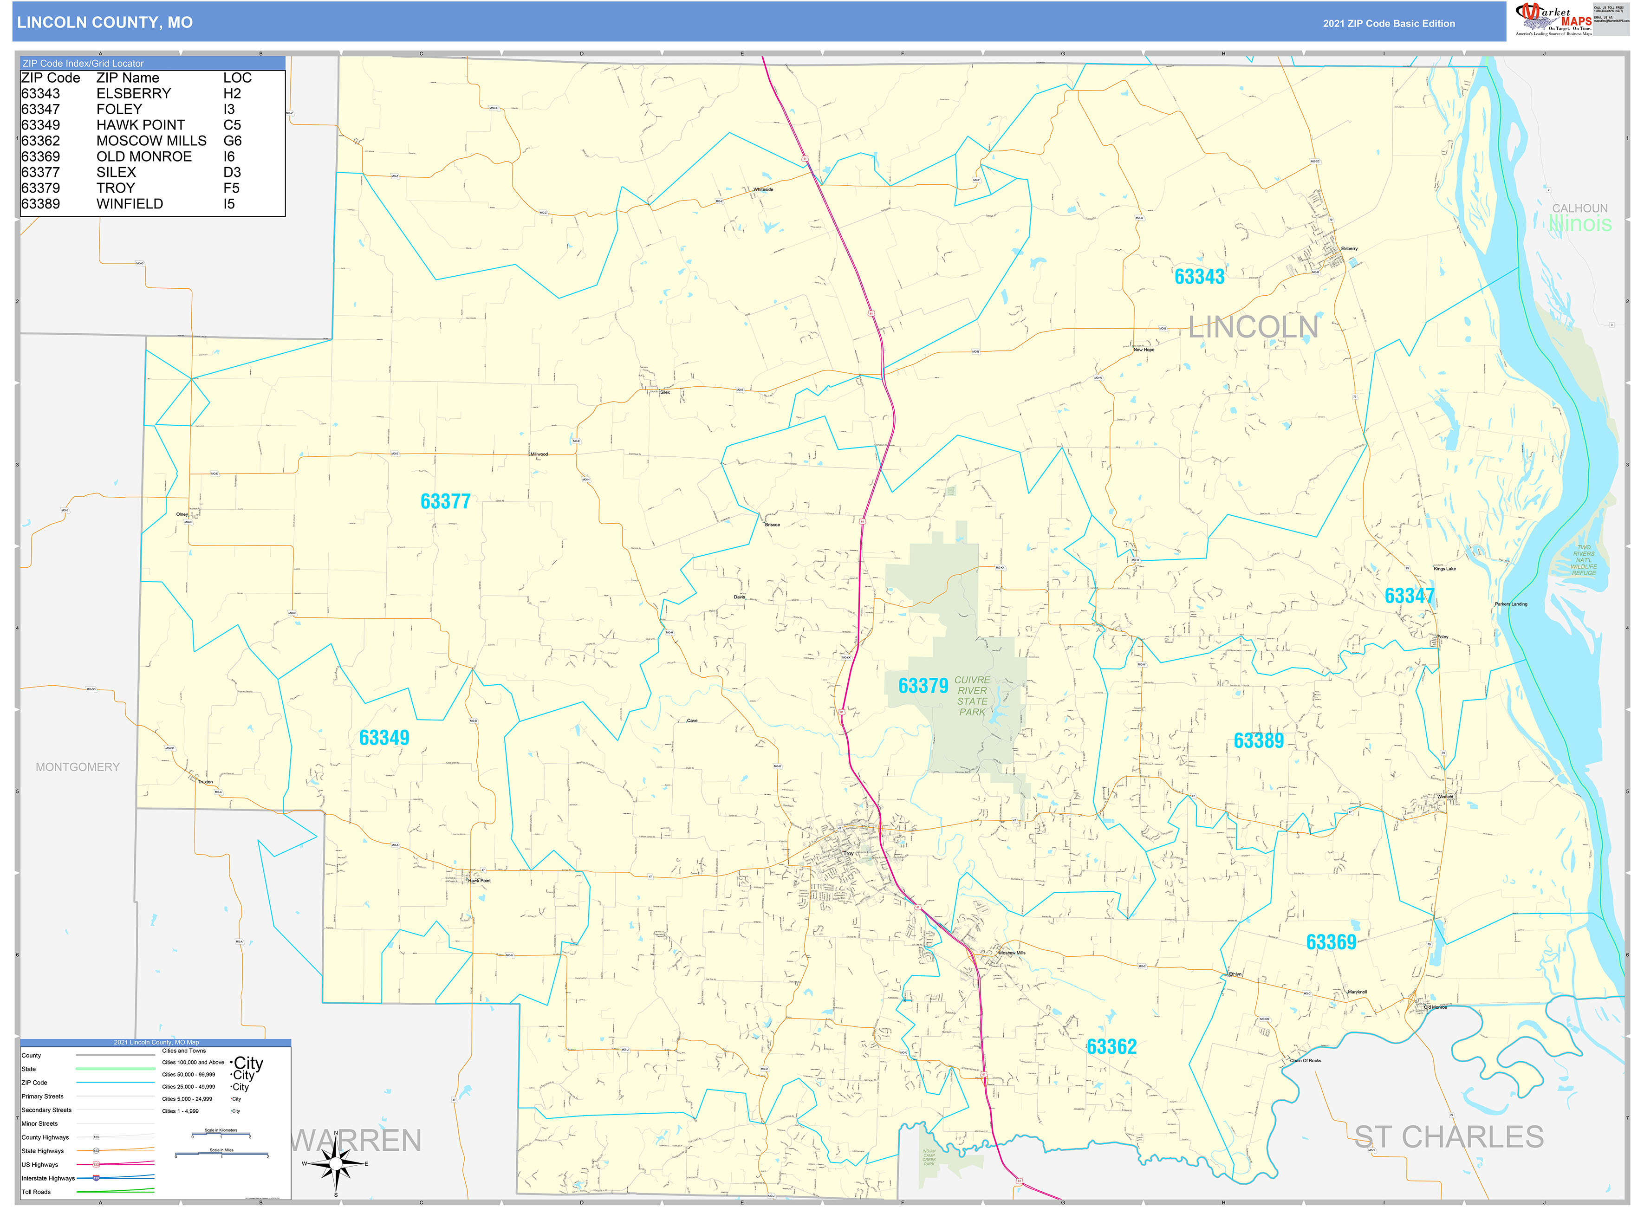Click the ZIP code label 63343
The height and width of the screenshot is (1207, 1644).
[x=1199, y=277]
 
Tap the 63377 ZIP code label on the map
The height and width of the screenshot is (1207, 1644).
[x=445, y=502]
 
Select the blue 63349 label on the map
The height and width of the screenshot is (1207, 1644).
[x=383, y=738]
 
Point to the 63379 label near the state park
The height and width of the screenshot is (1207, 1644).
[x=923, y=686]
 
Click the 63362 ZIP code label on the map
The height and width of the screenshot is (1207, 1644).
[x=1111, y=1047]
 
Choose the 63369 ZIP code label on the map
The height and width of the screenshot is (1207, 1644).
[x=1331, y=942]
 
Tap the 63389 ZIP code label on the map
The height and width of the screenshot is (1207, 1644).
[x=1258, y=741]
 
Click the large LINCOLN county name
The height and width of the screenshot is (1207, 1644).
[x=1253, y=327]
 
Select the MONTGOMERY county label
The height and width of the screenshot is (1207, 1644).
[x=78, y=767]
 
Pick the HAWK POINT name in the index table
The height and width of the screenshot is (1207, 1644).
[x=140, y=125]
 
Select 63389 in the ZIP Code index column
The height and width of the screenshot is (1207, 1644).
[x=41, y=204]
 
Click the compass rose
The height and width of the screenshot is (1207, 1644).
[x=335, y=1163]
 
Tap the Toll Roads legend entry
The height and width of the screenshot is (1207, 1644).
[x=37, y=1192]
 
